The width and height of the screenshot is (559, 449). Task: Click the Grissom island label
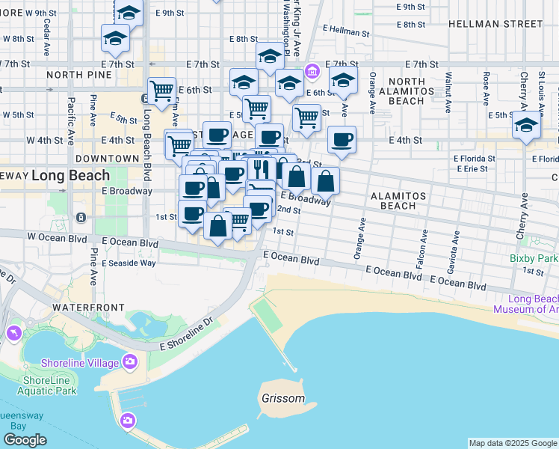(x=283, y=398)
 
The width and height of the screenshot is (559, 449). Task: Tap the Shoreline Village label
(x=84, y=363)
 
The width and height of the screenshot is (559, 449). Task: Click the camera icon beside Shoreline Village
(x=131, y=363)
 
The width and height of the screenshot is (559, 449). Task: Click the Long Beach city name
(x=71, y=175)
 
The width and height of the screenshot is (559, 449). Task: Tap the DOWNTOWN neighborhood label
(x=107, y=159)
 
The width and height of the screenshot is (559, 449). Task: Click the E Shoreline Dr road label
(x=186, y=335)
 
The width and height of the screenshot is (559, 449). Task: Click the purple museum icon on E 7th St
(x=312, y=73)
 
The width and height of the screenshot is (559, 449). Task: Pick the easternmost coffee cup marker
(x=342, y=139)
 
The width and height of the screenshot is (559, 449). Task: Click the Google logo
(x=25, y=440)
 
